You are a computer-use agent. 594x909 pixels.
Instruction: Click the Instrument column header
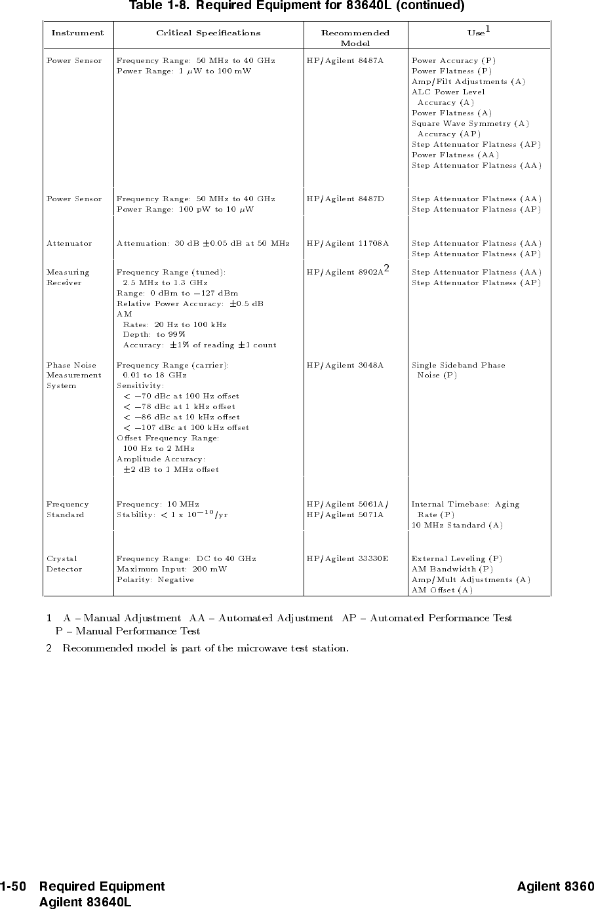[x=77, y=33]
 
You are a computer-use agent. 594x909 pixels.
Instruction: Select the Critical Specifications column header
[x=208, y=33]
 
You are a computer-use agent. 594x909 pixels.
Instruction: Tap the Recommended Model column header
[x=355, y=38]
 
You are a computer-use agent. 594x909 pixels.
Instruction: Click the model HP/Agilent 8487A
[x=345, y=60]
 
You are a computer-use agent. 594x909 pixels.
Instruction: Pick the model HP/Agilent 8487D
[x=345, y=199]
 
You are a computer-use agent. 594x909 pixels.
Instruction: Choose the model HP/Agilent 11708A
[x=347, y=243]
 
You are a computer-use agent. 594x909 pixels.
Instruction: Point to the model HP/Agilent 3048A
[x=345, y=365]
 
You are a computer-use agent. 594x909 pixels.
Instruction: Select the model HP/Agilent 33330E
[x=347, y=558]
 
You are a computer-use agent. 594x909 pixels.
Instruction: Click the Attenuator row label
[x=69, y=243]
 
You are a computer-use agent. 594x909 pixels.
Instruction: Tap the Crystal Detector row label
[x=64, y=564]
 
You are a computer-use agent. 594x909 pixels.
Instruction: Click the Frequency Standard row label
[x=68, y=509]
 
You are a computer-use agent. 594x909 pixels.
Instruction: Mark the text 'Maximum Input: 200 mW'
[x=171, y=569]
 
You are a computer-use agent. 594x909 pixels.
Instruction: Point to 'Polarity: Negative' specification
[x=155, y=579]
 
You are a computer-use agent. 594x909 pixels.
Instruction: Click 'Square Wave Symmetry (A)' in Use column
[x=470, y=123]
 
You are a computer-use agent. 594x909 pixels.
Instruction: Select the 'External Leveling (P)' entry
[x=456, y=558]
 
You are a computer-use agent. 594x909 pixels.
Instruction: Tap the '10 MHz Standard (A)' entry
[x=457, y=525]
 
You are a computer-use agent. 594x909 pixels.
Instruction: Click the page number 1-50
[x=13, y=887]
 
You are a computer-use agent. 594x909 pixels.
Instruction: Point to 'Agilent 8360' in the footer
[x=555, y=887]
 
